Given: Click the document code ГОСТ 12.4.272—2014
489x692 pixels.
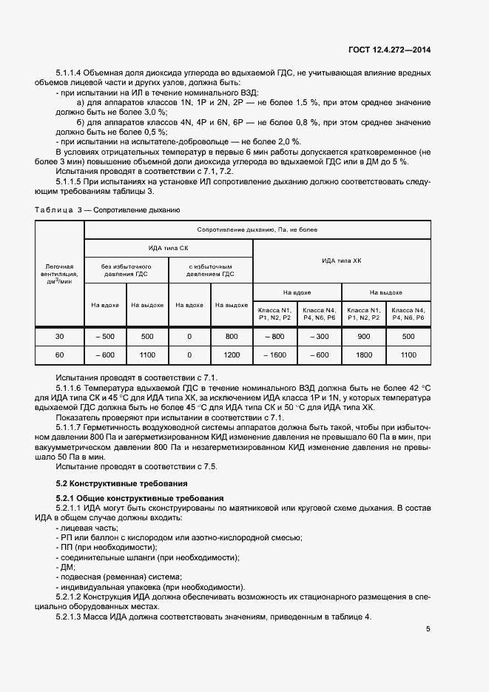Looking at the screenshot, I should (x=389, y=50).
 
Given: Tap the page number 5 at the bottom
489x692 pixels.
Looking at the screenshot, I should (x=428, y=630).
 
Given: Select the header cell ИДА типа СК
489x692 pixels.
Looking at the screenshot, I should (x=169, y=248).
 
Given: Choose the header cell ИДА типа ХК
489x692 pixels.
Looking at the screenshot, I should (x=342, y=261).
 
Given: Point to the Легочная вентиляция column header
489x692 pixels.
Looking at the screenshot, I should (x=60, y=274).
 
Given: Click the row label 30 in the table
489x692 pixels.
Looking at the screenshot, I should (x=60, y=337).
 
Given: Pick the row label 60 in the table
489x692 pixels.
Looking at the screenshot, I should (x=60, y=355).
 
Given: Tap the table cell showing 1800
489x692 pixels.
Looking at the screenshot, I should (x=364, y=355).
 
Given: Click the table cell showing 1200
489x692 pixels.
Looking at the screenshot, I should (x=232, y=355).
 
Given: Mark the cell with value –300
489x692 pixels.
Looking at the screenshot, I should (x=320, y=337).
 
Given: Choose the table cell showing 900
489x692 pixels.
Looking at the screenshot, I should (x=364, y=337).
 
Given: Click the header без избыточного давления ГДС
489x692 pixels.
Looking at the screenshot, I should (x=127, y=269).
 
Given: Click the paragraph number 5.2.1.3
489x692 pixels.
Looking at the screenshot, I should (x=71, y=617).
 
